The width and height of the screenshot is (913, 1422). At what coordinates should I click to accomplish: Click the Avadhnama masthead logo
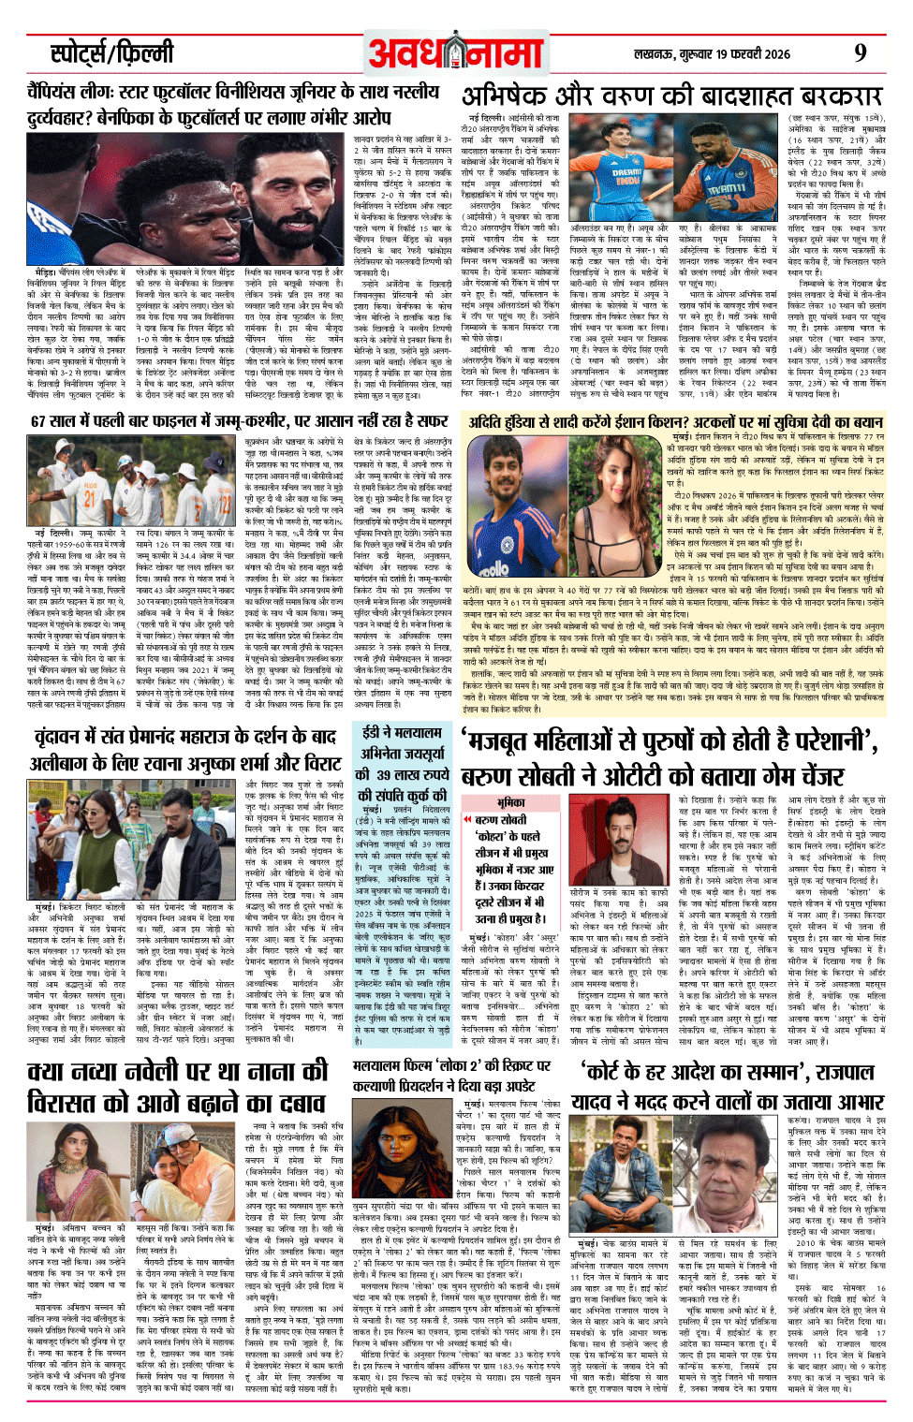pos(456,54)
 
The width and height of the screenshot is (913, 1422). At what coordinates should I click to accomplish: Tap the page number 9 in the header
pos(859,53)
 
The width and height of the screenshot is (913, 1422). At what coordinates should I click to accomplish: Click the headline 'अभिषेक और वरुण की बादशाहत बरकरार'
pos(671,97)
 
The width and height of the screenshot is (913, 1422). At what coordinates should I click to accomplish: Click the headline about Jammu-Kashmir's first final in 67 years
pos(239,421)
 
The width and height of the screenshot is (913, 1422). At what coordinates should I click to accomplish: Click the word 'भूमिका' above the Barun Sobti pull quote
pos(510,802)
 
